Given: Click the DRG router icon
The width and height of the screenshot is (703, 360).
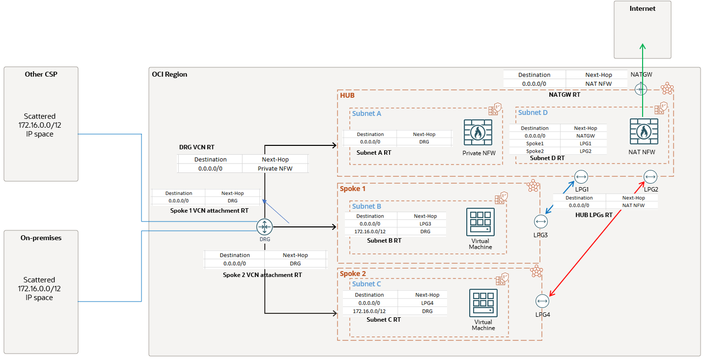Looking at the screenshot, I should [x=265, y=227].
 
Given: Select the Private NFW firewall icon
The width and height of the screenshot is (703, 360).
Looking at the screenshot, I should [x=478, y=133].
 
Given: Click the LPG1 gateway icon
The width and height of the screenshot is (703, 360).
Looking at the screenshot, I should [x=581, y=177].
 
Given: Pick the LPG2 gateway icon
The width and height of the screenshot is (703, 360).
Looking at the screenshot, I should [x=650, y=177].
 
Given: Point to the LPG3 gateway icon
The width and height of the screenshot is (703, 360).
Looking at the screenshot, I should [x=541, y=222].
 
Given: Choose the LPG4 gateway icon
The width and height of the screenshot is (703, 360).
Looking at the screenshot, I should [x=542, y=301].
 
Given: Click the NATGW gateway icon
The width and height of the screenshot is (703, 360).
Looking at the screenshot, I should [x=641, y=89].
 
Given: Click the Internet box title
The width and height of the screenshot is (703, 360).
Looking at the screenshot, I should [x=642, y=8].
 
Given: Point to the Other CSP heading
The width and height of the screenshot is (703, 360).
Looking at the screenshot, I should [x=41, y=74].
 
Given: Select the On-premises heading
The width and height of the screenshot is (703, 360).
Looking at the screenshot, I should [x=41, y=238].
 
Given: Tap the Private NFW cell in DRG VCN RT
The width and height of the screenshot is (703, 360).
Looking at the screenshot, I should [x=275, y=168].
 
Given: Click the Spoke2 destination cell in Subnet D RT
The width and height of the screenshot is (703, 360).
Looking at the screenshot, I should [x=535, y=151].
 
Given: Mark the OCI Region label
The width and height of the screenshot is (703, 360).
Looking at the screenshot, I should [x=169, y=74].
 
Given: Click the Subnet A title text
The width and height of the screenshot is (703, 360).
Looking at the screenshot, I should [x=366, y=113].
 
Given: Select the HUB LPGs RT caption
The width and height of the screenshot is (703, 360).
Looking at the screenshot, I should [x=593, y=215].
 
